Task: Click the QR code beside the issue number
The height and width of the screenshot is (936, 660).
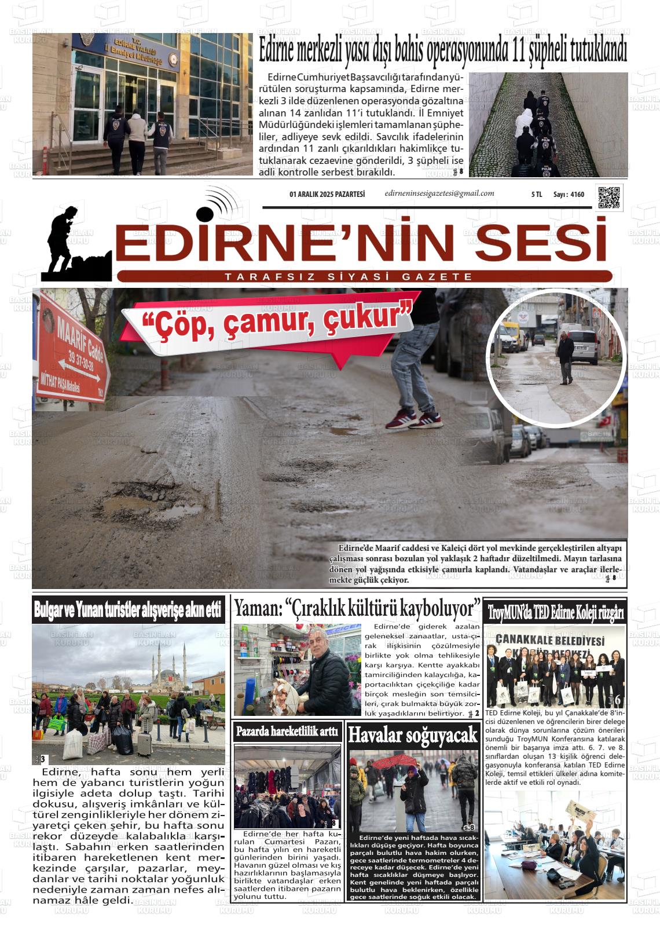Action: pyautogui.click(x=609, y=198)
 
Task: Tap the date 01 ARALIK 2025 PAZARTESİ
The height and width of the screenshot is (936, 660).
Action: pyautogui.click(x=327, y=195)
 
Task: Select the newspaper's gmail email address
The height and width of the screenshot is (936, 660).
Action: pyautogui.click(x=439, y=193)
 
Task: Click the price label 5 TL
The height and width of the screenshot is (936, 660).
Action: pyautogui.click(x=536, y=195)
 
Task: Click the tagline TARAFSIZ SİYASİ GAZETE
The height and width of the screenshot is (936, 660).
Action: pyautogui.click(x=349, y=277)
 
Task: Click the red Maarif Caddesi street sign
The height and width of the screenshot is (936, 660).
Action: pyautogui.click(x=73, y=353)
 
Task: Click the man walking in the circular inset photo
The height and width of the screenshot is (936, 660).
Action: pyautogui.click(x=566, y=358)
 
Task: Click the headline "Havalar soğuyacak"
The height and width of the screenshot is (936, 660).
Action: pyautogui.click(x=413, y=735)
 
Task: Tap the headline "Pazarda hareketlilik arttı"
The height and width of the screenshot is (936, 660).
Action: pyautogui.click(x=287, y=732)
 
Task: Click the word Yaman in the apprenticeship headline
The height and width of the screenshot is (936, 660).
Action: pyautogui.click(x=255, y=608)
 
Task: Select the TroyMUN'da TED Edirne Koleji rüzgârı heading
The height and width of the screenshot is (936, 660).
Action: pyautogui.click(x=555, y=612)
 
